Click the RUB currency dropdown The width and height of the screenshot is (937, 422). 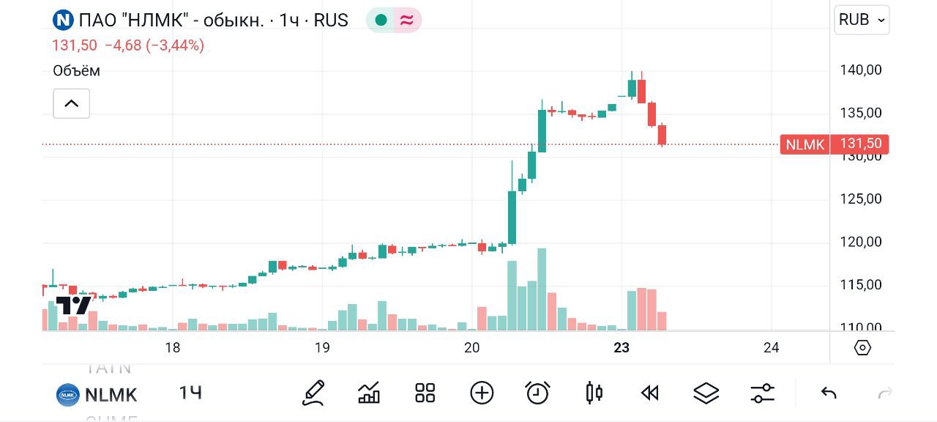pos(862,20)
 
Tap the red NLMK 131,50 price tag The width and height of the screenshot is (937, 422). pos(835,144)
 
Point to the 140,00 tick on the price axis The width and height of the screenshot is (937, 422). pos(860,70)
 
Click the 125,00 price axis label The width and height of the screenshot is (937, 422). pos(860,199)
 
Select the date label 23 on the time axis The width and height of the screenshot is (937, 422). pos(621,348)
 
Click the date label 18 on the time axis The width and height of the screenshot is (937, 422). pos(172,348)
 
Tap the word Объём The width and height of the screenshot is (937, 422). pos(76,71)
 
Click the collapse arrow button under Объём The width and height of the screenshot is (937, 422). pos(71,103)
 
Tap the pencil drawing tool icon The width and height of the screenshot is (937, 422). pos(313,393)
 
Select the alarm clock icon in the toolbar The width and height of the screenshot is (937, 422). pos(538,393)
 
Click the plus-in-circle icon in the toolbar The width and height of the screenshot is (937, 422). pos(482,393)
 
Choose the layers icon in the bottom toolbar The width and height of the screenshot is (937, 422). pos(706,393)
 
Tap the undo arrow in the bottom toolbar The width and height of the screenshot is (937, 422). pos(829,393)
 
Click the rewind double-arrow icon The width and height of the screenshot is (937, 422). pos(650,393)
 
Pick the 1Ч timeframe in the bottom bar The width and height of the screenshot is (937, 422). pos(190,393)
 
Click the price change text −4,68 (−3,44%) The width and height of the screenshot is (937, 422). pos(154,45)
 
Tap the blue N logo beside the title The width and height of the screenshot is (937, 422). pos(64,20)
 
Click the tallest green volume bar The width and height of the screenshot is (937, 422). pos(542,289)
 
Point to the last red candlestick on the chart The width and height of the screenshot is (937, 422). pos(662,135)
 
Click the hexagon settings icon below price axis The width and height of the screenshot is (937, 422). pos(862,348)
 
